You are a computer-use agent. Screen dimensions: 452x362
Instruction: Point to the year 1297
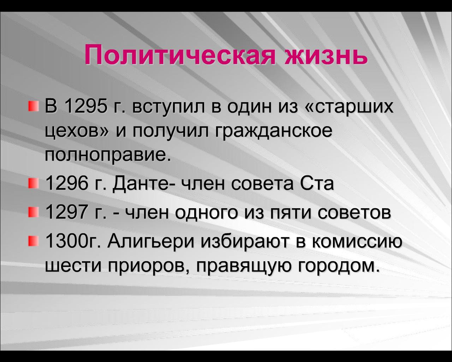[66, 212]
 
